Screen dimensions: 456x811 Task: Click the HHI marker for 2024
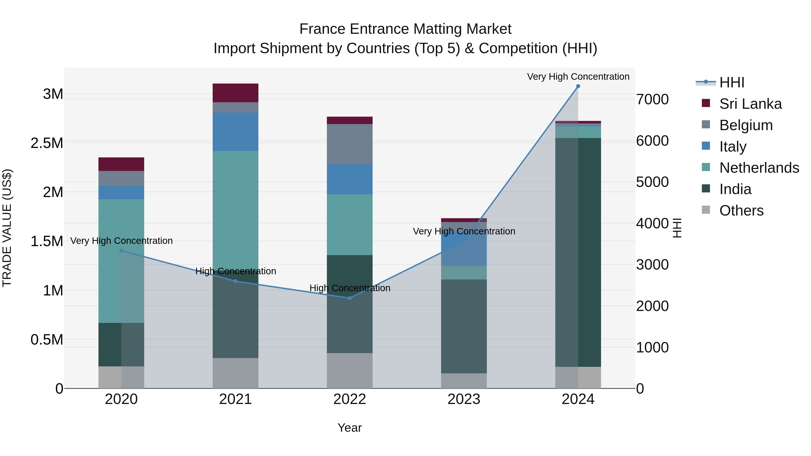tap(578, 86)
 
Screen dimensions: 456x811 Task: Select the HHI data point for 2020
tap(121, 250)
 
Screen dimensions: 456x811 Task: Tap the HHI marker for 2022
tap(350, 298)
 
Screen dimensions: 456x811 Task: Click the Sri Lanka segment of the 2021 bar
tap(235, 93)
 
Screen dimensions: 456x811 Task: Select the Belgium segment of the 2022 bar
tap(350, 144)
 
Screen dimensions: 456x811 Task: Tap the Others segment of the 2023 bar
tap(464, 381)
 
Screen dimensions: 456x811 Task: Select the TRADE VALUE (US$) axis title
tap(7, 228)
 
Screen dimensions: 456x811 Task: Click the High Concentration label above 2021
tap(235, 271)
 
